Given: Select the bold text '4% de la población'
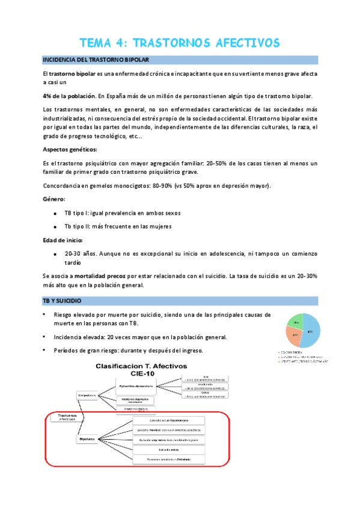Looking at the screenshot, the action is click(x=69, y=96).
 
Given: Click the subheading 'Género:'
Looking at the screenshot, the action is click(x=55, y=198).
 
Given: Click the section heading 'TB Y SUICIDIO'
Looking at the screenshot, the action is click(x=66, y=300).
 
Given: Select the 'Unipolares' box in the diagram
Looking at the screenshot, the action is click(x=89, y=395).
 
